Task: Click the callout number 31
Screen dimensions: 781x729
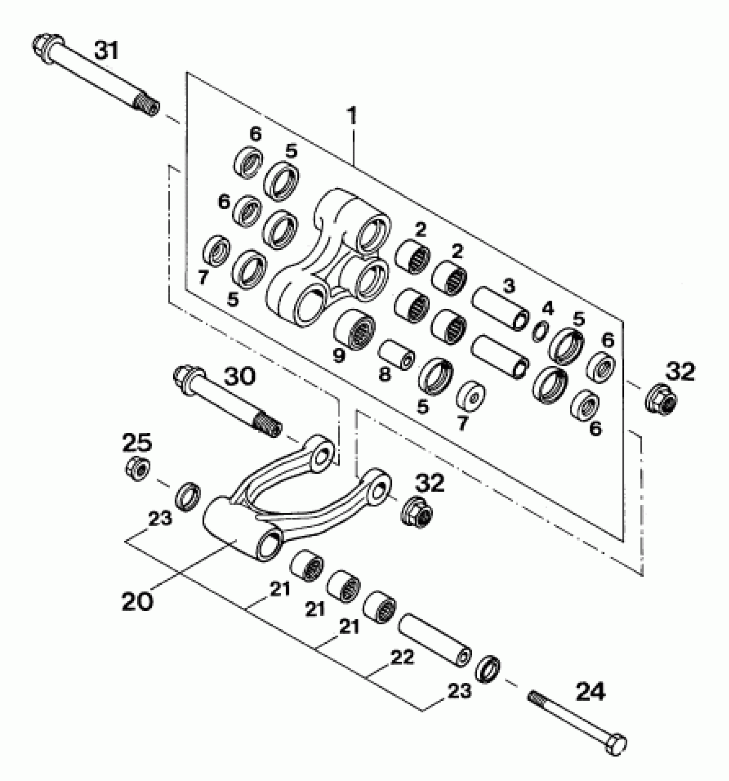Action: (x=106, y=51)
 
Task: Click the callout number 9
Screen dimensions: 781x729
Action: (x=339, y=356)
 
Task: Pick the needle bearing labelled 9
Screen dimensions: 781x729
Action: (x=354, y=329)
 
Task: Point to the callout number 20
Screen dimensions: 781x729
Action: (x=138, y=602)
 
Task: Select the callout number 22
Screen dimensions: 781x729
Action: (x=402, y=657)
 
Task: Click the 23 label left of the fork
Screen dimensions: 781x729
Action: (x=160, y=519)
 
